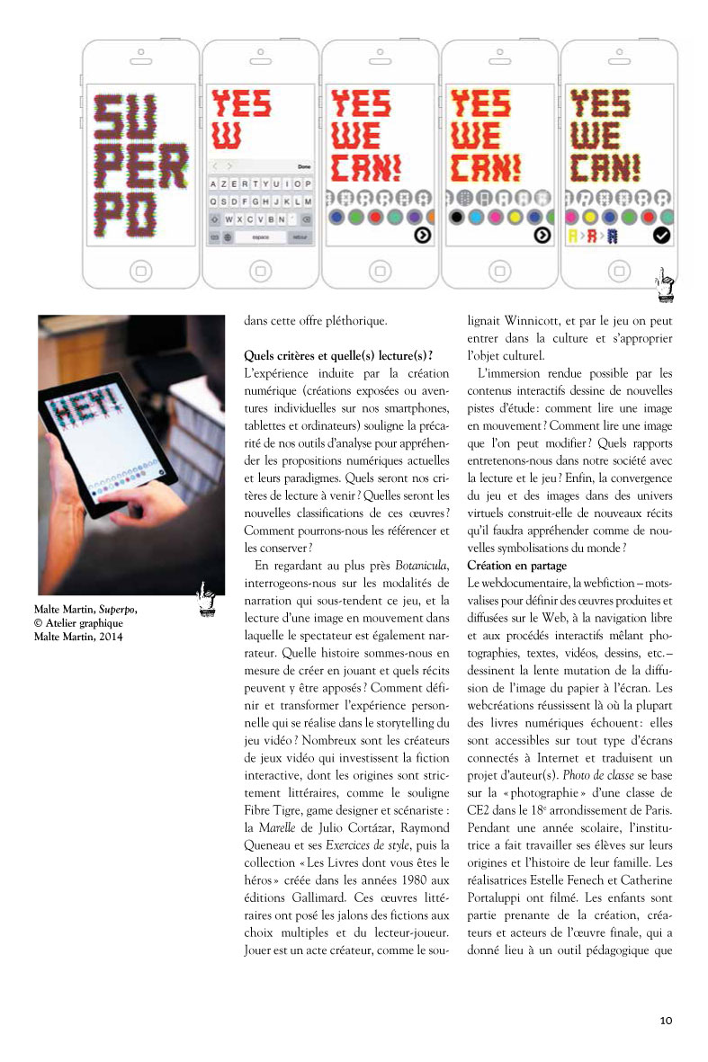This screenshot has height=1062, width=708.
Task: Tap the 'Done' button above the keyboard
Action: pyautogui.click(x=303, y=166)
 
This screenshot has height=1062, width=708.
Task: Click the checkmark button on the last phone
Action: pyautogui.click(x=661, y=236)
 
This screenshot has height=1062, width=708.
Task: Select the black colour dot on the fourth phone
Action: pyautogui.click(x=457, y=217)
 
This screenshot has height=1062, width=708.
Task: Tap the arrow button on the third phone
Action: pyautogui.click(x=423, y=236)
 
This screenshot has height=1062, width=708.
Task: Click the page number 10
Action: pyautogui.click(x=666, y=1020)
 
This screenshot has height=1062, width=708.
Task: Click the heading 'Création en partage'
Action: pyautogui.click(x=516, y=566)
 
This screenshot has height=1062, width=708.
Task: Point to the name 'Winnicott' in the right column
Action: pyautogui.click(x=538, y=318)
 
